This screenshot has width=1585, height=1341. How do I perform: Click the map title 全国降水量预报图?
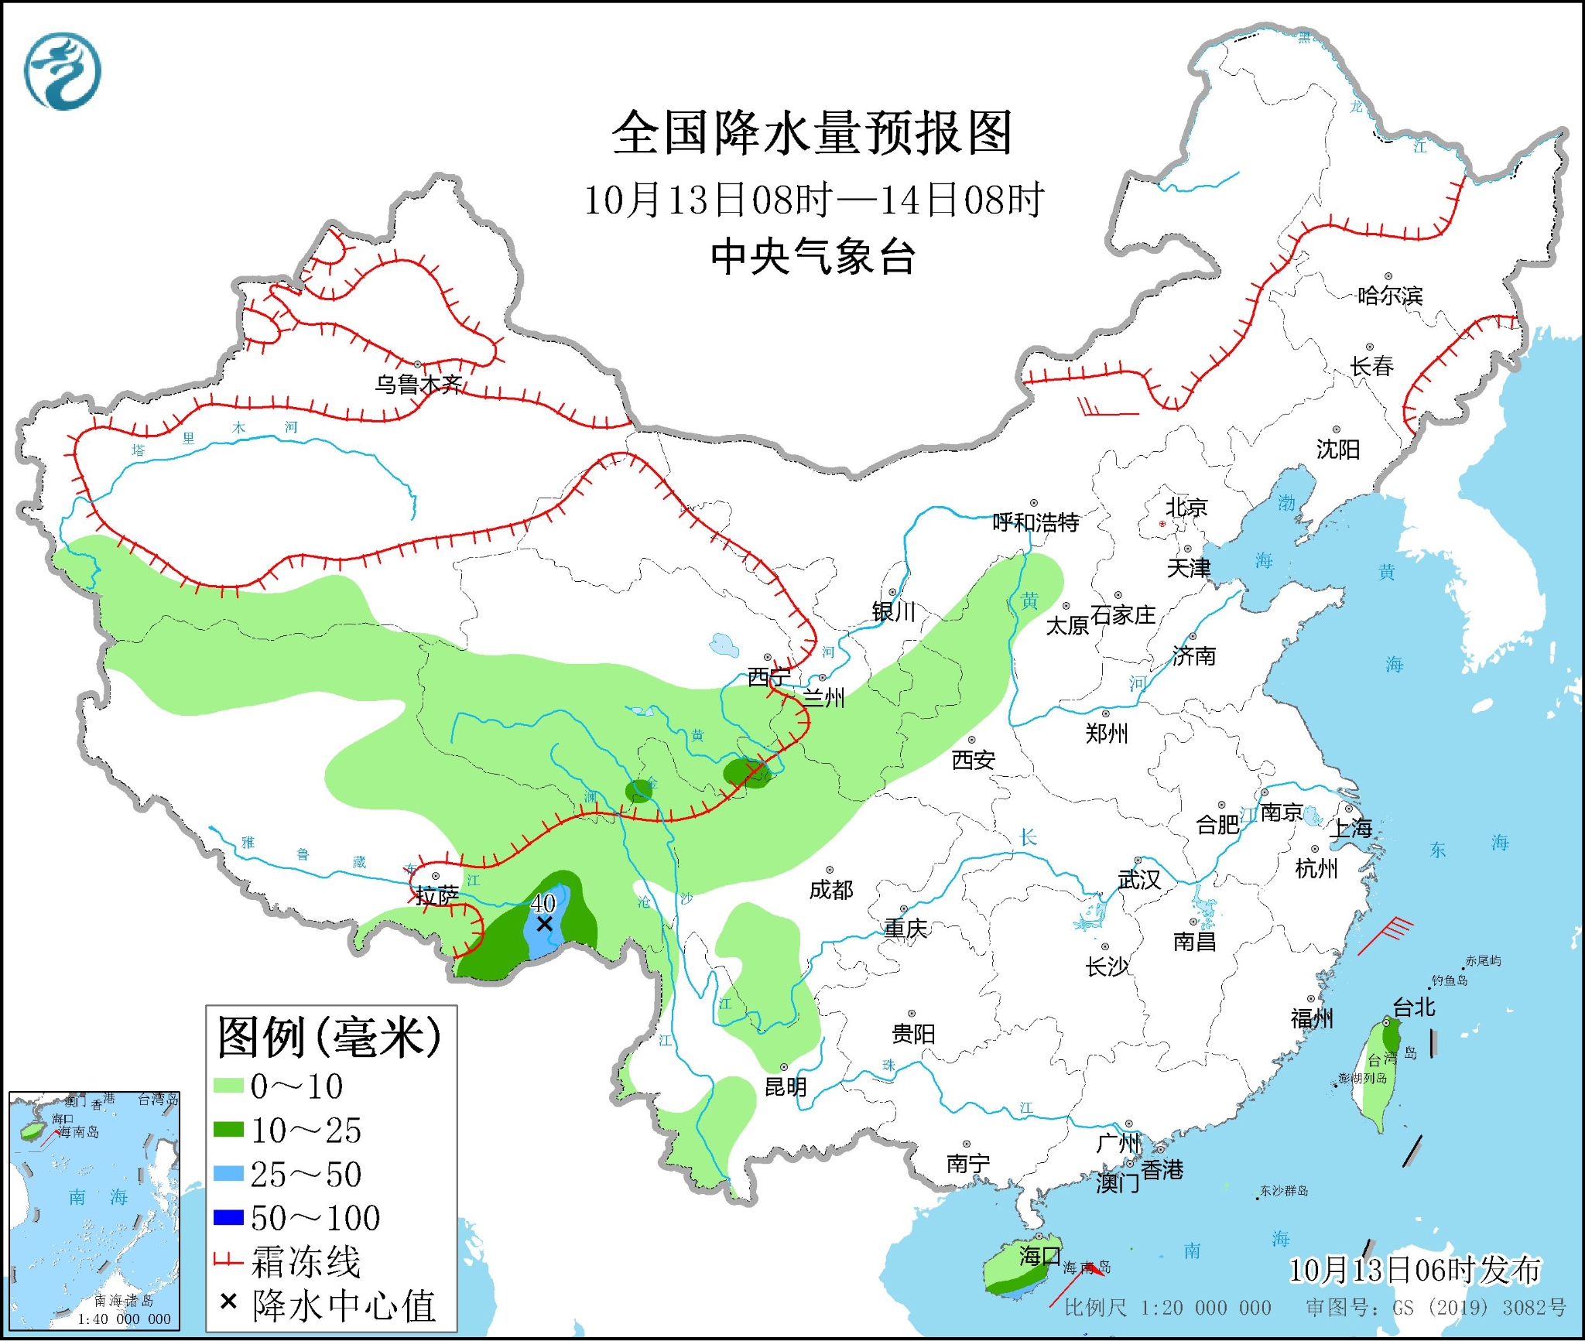[812, 132]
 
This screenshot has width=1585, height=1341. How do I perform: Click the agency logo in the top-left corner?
[62, 70]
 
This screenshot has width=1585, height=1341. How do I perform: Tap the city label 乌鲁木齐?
[419, 384]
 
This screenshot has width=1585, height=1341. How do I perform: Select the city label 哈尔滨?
[1390, 296]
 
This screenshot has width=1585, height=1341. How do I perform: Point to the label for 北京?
[1186, 508]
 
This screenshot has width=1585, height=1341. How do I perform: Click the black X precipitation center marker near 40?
[544, 924]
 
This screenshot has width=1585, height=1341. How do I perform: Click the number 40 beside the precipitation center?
[543, 902]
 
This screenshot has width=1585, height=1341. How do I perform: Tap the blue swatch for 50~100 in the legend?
[228, 1218]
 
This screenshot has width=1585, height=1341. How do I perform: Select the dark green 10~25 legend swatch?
[228, 1131]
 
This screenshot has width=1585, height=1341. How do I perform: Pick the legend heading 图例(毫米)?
[329, 1037]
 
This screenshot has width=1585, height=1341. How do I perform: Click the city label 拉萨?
[436, 895]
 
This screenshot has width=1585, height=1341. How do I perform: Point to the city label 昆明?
[786, 1087]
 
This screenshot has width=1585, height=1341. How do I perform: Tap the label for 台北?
[1414, 1007]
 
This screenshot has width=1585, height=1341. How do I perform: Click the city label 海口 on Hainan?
[1039, 1255]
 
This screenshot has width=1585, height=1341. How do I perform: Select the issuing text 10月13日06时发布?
[1414, 1270]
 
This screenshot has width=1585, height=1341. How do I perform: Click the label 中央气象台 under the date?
[813, 257]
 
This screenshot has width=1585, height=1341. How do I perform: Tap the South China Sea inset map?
[94, 1211]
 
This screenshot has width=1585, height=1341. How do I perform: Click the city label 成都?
[831, 890]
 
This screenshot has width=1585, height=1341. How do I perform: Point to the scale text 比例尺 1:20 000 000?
[1167, 1308]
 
